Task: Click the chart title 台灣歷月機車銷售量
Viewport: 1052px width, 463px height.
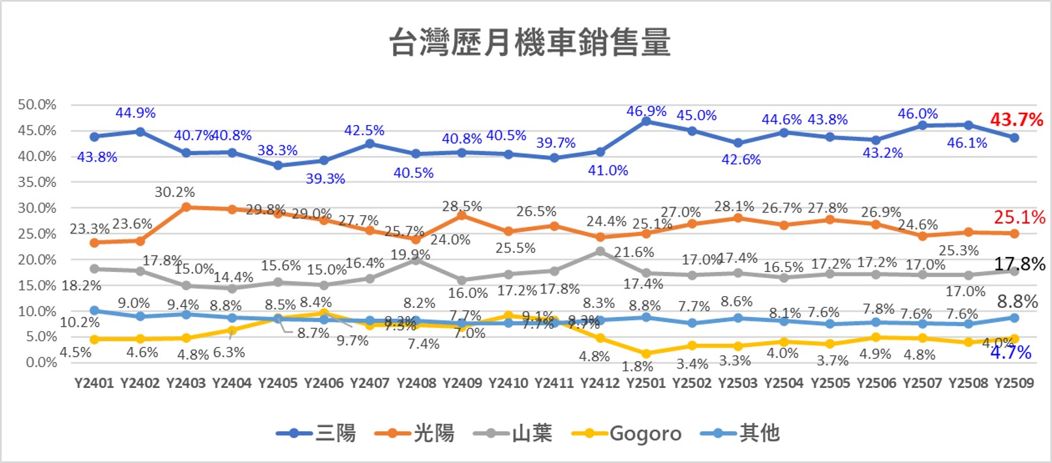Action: coord(529,43)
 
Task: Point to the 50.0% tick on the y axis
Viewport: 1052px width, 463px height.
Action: coord(37,105)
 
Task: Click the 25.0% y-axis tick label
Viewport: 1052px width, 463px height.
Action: coord(37,233)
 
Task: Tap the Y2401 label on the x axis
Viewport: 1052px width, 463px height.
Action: coord(94,383)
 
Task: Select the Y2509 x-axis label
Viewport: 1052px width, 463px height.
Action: coord(1014,383)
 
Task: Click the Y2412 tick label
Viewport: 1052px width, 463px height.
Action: coord(600,383)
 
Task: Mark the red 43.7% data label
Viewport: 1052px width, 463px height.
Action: coord(1016,120)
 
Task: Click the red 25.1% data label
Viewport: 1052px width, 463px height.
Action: coord(1019,217)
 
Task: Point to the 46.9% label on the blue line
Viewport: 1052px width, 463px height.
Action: coord(646,112)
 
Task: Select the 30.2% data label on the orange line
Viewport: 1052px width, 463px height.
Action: coord(175,192)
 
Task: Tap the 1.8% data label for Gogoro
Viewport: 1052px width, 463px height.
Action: coord(638,366)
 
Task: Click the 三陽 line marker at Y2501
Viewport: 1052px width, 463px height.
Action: coord(646,121)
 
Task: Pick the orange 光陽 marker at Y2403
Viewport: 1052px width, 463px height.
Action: coord(186,207)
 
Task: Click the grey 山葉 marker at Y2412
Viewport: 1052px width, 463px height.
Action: coord(600,251)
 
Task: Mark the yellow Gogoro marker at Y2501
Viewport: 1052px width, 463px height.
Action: coord(646,353)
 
